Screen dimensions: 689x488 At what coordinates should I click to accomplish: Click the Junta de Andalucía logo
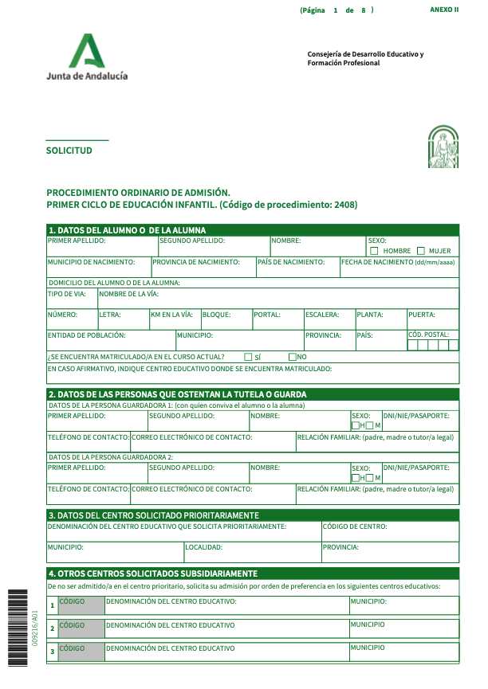pyautogui.click(x=87, y=57)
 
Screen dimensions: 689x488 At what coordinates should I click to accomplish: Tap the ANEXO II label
pyautogui.click(x=444, y=10)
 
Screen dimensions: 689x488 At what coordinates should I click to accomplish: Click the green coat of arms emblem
pyautogui.click(x=443, y=147)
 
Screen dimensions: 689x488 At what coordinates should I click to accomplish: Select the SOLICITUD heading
pyautogui.click(x=69, y=151)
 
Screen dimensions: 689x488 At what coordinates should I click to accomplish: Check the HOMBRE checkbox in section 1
pyautogui.click(x=374, y=251)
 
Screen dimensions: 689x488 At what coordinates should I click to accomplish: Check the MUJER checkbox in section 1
pyautogui.click(x=420, y=251)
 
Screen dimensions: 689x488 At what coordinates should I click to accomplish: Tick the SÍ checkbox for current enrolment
pyautogui.click(x=248, y=357)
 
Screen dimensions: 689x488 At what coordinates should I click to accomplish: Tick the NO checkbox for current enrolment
pyautogui.click(x=293, y=357)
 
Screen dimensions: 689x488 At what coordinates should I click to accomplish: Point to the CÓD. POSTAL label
pyautogui.click(x=428, y=335)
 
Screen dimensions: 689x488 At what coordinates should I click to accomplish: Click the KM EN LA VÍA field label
pyautogui.click(x=171, y=315)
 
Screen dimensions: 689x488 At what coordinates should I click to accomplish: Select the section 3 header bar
pyautogui.click(x=253, y=515)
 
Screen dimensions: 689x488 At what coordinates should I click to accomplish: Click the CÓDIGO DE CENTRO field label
pyautogui.click(x=355, y=527)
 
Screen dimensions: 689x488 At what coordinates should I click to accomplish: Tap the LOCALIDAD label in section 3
pyautogui.click(x=203, y=547)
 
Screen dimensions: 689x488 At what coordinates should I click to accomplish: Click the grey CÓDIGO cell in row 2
pyautogui.click(x=81, y=628)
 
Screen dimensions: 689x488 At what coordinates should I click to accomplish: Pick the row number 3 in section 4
pyautogui.click(x=53, y=652)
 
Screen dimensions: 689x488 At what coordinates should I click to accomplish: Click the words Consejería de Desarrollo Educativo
pyautogui.click(x=365, y=54)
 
